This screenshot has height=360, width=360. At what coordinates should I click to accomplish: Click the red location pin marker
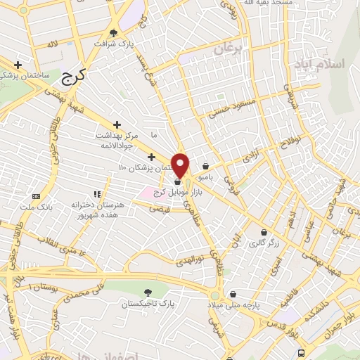[x=181, y=165]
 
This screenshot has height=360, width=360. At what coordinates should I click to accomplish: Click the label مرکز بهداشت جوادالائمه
[x=117, y=139]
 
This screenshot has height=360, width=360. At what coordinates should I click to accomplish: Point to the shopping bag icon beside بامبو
[x=205, y=167]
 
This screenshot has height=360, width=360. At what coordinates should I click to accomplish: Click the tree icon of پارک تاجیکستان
[x=148, y=292]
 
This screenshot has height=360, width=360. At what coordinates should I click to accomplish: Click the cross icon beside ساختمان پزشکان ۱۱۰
[x=151, y=156]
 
